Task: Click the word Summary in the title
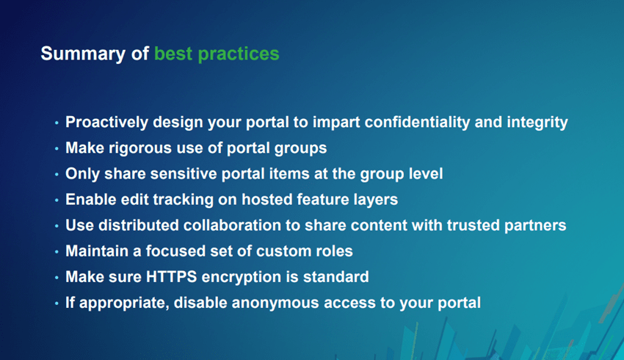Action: pyautogui.click(x=75, y=54)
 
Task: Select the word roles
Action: pyautogui.click(x=333, y=251)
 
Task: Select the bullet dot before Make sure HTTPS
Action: pyautogui.click(x=57, y=277)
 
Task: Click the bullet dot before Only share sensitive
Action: pyautogui.click(x=57, y=174)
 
